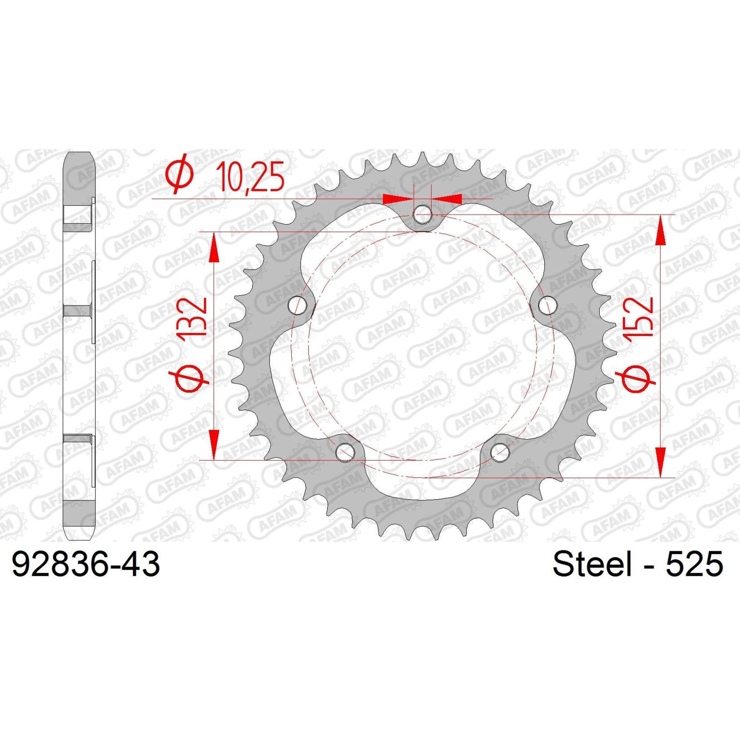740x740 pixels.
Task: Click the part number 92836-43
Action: coord(86,564)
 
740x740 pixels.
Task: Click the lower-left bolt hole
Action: coord(345,453)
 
